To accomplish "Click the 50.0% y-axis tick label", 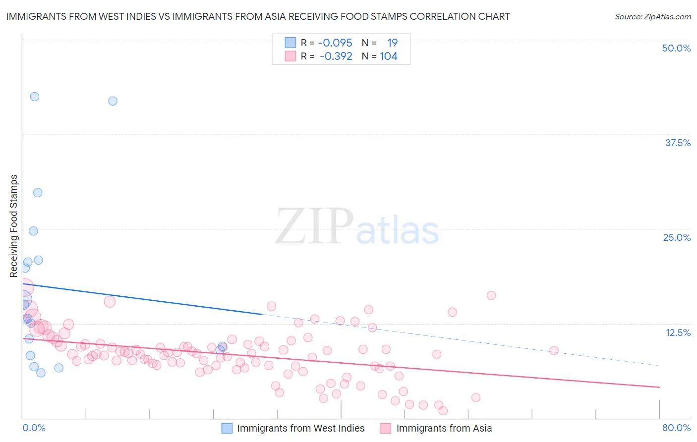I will tap(676, 48).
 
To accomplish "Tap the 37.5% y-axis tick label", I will tap(678, 143).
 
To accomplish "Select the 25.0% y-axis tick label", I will tap(677, 237).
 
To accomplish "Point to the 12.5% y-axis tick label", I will tap(678, 332).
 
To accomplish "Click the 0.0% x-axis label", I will tap(34, 428).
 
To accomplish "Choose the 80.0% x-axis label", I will tap(676, 428).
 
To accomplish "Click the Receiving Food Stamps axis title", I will tap(14, 226).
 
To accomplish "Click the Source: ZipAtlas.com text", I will tap(652, 16).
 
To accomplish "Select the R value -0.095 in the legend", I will tap(335, 43).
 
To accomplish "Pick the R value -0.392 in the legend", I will tap(336, 56).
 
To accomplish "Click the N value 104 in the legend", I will tap(389, 56).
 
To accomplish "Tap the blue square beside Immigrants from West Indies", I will tap(227, 428).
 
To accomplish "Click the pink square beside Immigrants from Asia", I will tap(386, 428).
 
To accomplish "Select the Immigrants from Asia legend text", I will tap(444, 428).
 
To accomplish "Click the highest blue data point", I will tap(35, 97).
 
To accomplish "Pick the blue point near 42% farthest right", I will tap(113, 101).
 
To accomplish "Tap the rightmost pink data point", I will tap(554, 350).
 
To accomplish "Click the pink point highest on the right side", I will tap(491, 295).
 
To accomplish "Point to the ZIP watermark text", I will tap(314, 226).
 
